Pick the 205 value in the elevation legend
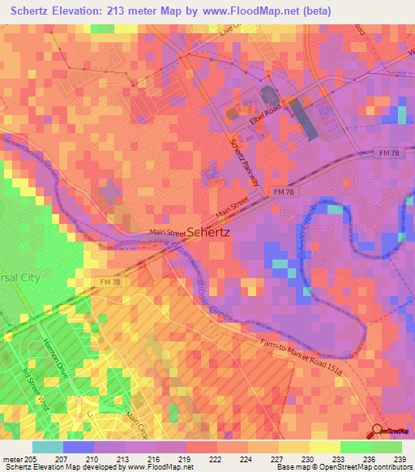pos(32,458)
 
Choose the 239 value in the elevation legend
pos(400,458)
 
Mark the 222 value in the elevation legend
pos(216,458)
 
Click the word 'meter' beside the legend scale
pos(12,458)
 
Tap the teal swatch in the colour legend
pos(48,447)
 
